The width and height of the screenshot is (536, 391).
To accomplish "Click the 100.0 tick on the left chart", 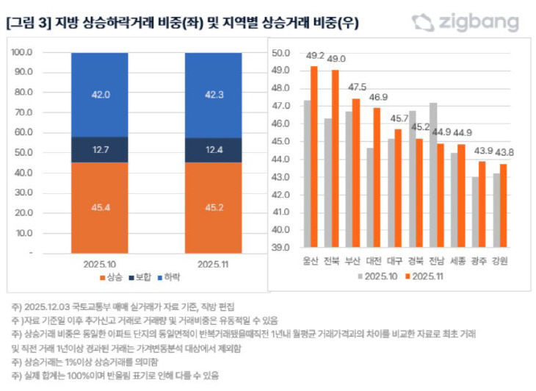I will (22, 53).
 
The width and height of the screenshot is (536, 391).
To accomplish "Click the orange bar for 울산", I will (314, 157).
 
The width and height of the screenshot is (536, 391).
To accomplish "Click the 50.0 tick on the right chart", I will (282, 54).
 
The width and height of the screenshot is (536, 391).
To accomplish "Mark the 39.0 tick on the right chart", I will (282, 248).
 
